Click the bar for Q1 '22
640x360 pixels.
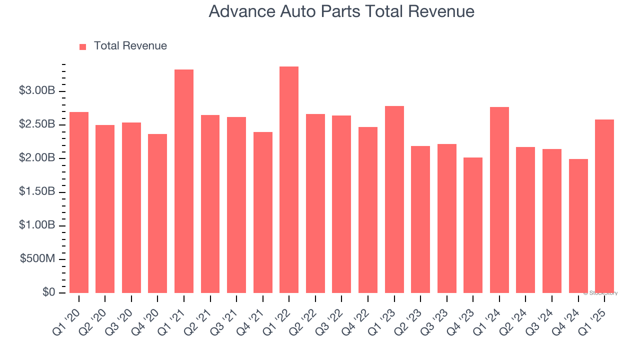coord(289,180)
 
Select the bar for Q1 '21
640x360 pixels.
coord(184,181)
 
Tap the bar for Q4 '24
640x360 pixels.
coord(578,226)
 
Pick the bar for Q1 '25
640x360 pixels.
coord(604,206)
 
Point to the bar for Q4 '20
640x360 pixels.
coord(157,213)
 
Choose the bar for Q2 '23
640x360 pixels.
coord(420,219)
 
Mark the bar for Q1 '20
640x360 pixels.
coord(79,202)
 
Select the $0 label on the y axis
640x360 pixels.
coord(48,292)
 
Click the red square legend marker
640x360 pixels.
coord(83,46)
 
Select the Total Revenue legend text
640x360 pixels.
coord(130,46)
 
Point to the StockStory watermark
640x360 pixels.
coord(600,293)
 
